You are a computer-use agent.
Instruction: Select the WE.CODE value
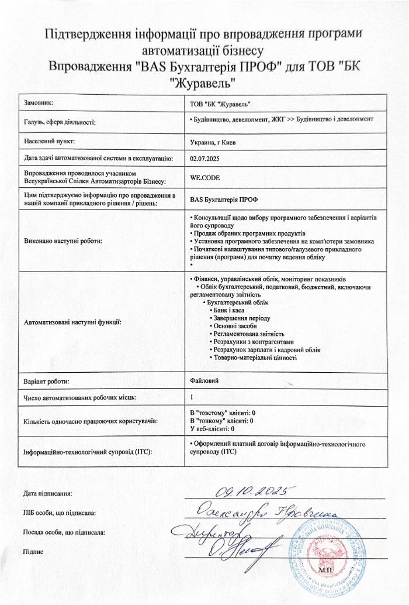pyautogui.click(x=204, y=177)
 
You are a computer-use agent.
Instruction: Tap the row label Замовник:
pyautogui.click(x=39, y=103)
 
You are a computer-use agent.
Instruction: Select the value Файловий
pyautogui.click(x=204, y=381)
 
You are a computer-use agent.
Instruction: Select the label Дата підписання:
pyautogui.click(x=47, y=494)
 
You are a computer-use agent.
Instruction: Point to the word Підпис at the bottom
pyautogui.click(x=34, y=551)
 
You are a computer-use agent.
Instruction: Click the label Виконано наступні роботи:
pyautogui.click(x=63, y=240)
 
